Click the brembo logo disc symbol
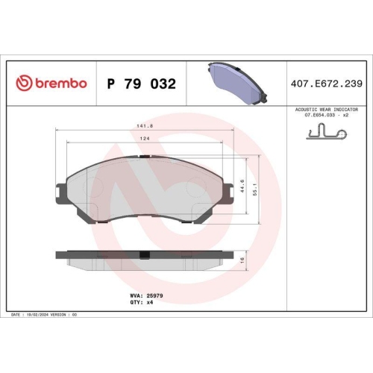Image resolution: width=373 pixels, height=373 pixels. tap(24, 83)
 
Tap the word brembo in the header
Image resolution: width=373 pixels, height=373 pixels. tap(61, 83)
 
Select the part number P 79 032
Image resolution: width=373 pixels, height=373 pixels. tap(142, 84)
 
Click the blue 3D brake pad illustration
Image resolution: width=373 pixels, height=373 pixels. tap(237, 84)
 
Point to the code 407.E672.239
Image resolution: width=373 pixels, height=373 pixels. tap(327, 84)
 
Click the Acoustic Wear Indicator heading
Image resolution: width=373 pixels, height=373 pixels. tap(327, 110)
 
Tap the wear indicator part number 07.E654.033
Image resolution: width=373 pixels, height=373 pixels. tap(320, 115)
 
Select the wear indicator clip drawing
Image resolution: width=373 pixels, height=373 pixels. tap(326, 131)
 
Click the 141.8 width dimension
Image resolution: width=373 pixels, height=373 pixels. tap(145, 126)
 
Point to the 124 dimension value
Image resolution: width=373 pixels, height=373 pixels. tap(145, 139)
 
